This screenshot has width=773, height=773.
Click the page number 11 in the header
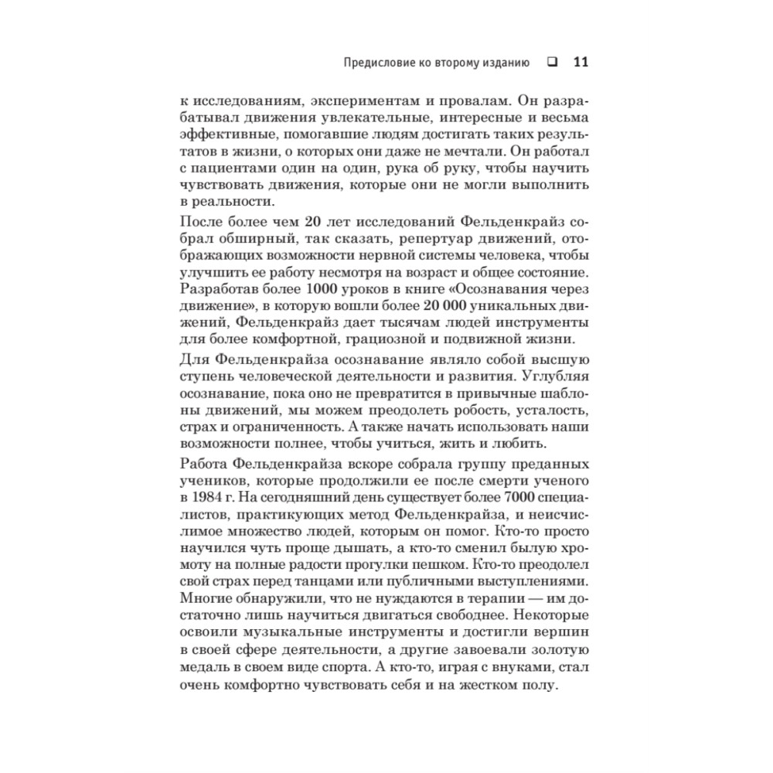click(581, 63)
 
